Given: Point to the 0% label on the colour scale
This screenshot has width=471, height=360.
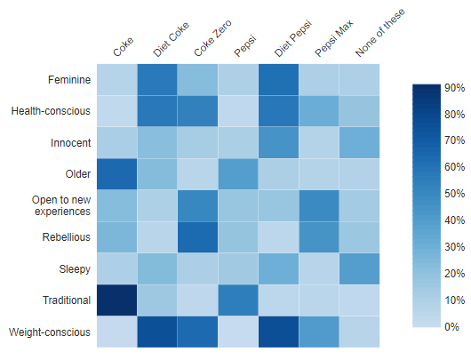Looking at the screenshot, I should pyautogui.click(x=451, y=327).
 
